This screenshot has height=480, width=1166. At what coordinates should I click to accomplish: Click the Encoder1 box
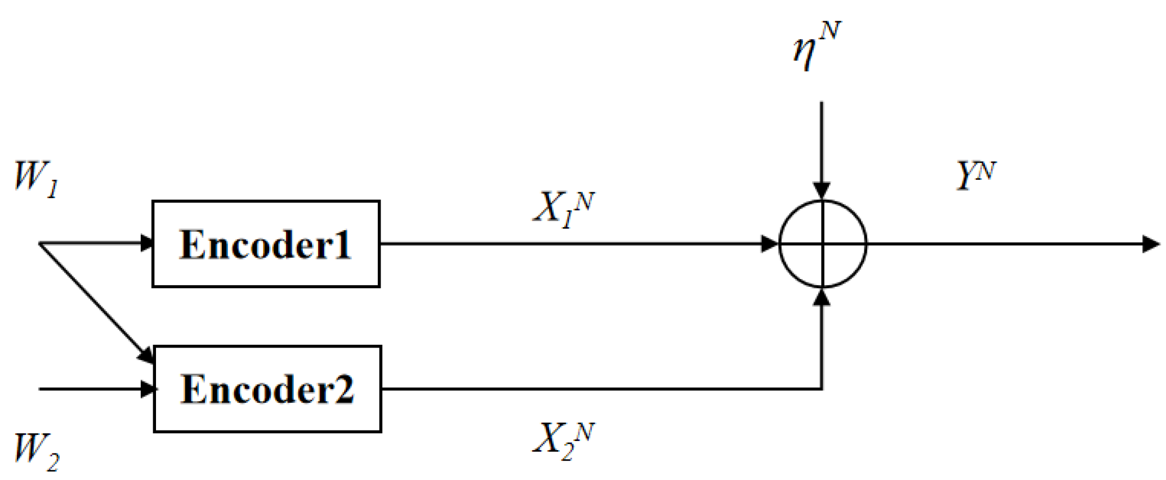pyautogui.click(x=266, y=244)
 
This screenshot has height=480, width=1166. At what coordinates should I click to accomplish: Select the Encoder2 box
pyautogui.click(x=267, y=389)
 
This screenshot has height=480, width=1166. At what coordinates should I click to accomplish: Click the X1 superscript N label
pyautogui.click(x=563, y=209)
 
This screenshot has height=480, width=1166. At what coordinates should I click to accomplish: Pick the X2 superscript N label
pyautogui.click(x=563, y=440)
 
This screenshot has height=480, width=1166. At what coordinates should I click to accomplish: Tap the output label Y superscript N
pyautogui.click(x=975, y=175)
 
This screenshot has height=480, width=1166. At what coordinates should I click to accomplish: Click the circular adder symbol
pyautogui.click(x=822, y=244)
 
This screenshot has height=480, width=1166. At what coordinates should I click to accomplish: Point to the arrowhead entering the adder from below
pyautogui.click(x=822, y=298)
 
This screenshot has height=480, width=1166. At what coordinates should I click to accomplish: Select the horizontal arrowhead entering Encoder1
pyautogui.click(x=146, y=243)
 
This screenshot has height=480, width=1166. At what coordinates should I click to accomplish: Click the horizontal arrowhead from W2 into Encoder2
pyautogui.click(x=147, y=389)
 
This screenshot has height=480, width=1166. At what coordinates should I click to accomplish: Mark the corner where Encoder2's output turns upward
pyautogui.click(x=821, y=389)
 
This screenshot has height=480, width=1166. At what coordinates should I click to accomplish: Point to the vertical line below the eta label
pyautogui.click(x=821, y=141)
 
